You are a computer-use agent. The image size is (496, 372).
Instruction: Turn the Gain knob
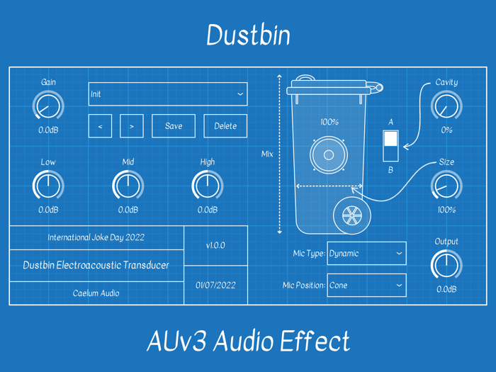48,107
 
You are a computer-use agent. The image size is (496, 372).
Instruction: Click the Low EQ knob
48,186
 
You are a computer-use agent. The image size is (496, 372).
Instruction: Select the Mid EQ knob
128,186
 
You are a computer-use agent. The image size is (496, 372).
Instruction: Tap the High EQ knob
207,186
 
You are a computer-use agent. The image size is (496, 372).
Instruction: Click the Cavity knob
446,107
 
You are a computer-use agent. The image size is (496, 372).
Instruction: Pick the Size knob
446,186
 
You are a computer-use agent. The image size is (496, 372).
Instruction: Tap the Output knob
446,266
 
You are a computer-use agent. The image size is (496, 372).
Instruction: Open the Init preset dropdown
167,94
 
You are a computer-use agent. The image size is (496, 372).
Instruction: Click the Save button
174,126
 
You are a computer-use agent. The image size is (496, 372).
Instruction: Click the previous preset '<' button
100,126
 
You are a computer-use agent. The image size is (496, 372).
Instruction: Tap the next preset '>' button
132,126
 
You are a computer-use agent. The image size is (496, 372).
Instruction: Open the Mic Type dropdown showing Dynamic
366,254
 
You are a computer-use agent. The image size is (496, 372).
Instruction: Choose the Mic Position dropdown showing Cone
366,286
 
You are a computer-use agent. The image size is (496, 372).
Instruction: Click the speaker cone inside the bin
329,154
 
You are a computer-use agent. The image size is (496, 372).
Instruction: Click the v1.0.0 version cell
215,246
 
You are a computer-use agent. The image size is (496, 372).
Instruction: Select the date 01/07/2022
215,286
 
